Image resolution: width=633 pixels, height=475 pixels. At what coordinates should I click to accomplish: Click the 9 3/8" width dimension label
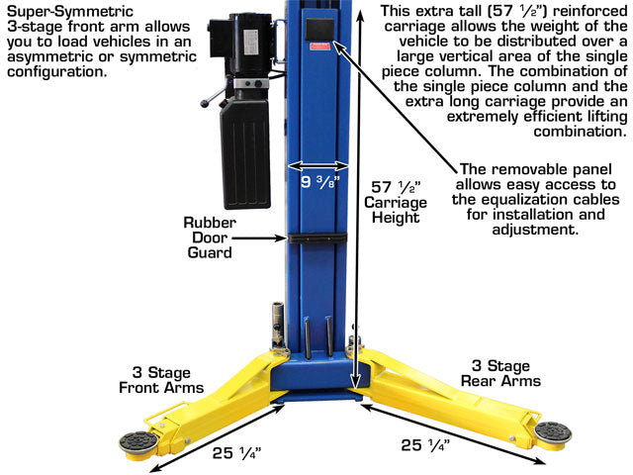tap(318, 182)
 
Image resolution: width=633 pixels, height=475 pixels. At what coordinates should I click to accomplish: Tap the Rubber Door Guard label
tap(210, 237)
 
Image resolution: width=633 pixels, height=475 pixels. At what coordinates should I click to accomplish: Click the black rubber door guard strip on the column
tap(317, 237)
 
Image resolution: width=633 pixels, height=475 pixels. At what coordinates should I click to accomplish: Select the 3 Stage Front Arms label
tap(161, 380)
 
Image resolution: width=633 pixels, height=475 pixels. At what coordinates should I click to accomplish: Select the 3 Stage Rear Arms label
tap(500, 373)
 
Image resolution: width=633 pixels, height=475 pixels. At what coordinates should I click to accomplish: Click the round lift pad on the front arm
tap(137, 442)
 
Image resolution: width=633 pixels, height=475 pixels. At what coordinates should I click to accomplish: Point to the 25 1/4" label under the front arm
tap(237, 453)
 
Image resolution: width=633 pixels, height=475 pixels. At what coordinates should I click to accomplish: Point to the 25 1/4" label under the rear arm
tap(425, 445)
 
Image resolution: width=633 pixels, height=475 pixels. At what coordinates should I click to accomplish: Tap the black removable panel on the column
tap(320, 30)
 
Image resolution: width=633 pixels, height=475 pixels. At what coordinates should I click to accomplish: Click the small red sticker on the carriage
tap(320, 47)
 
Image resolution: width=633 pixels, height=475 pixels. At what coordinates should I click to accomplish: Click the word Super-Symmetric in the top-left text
tap(70, 11)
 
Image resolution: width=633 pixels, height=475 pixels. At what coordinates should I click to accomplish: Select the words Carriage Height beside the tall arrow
tap(396, 210)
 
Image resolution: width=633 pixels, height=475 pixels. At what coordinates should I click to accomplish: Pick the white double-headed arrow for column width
tap(318, 165)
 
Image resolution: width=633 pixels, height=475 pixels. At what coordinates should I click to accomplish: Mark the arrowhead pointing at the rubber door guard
tap(281, 237)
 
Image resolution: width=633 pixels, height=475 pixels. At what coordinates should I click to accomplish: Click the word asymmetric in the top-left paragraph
tap(49, 57)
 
